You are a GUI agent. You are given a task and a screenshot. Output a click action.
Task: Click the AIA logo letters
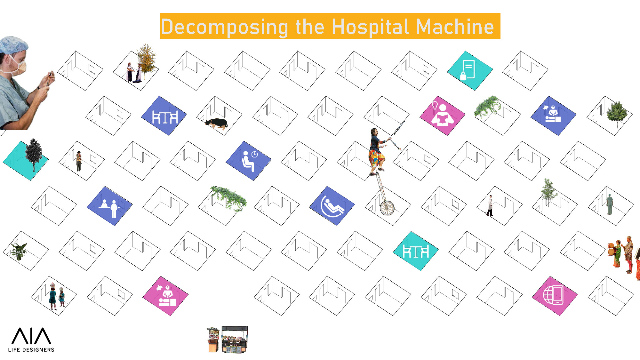[31, 336]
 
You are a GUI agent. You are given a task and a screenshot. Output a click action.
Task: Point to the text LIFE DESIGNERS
[31, 350]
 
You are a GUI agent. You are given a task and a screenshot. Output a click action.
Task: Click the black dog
[217, 124]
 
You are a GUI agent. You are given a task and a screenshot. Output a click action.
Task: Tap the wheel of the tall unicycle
[387, 208]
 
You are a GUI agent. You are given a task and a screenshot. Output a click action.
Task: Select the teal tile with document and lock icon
[469, 71]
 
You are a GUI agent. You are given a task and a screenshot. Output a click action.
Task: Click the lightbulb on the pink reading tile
[435, 105]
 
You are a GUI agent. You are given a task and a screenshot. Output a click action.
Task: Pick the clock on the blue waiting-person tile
[254, 155]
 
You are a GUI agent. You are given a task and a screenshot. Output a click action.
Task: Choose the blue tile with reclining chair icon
[332, 206]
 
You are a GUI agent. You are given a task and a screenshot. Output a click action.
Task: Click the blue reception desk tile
[110, 206]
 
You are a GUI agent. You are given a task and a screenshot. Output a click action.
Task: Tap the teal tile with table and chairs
[416, 251]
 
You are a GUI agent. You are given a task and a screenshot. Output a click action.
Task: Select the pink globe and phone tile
[555, 296]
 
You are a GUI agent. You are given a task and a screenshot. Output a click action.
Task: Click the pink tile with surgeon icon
[165, 296]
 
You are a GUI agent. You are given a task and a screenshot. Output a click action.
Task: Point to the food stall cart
[227, 340]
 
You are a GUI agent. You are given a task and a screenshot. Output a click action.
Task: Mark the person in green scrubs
[610, 204]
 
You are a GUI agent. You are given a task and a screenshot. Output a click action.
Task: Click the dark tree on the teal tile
[34, 155]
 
